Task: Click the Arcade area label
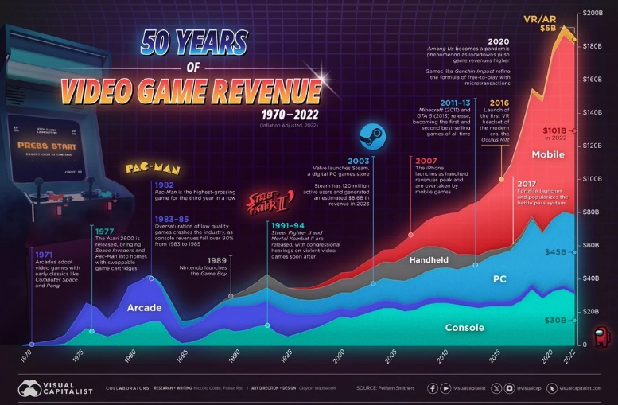(144, 307)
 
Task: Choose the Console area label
(464, 328)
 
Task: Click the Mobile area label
(526, 154)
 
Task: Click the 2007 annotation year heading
(425, 160)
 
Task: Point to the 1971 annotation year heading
(44, 255)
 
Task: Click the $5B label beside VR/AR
(548, 28)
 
